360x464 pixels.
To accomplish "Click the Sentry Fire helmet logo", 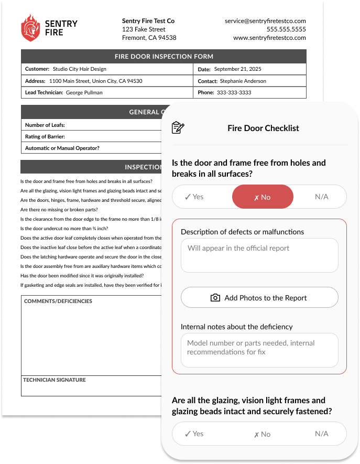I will point(30,28).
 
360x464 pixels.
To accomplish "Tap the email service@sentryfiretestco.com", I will point(265,21).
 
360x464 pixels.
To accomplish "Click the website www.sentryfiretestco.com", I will point(269,38).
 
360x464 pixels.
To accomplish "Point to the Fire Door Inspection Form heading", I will point(163,57).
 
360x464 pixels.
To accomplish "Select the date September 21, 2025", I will point(237,69).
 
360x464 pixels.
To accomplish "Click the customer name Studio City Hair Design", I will point(79,69).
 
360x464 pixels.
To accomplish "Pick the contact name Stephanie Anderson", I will point(243,81).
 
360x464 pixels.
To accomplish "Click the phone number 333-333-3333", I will point(234,93).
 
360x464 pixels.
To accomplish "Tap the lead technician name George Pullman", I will point(84,93).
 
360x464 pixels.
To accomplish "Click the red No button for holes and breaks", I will point(263,197).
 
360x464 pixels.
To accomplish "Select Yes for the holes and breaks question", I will point(194,197).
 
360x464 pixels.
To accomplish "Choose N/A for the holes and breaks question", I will point(321,197).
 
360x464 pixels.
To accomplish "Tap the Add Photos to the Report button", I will point(259,298).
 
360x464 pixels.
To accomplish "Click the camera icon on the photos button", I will point(215,298).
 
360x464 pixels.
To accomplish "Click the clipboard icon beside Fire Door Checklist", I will point(178,128).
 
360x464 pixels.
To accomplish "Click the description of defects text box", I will point(259,255).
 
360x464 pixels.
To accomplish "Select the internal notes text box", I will point(259,350).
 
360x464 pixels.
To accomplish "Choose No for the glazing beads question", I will point(263,434).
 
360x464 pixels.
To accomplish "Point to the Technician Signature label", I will point(54,380).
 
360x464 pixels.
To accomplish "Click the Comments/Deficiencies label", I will point(58,301).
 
